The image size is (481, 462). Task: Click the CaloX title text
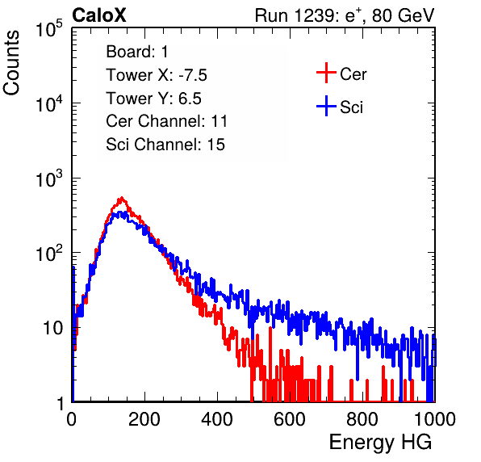point(99,15)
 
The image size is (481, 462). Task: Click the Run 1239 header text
point(345,15)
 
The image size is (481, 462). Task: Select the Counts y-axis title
point(11,63)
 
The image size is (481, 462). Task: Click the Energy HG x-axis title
point(380,443)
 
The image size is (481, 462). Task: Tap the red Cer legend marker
point(326,73)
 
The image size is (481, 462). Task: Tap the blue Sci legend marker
point(326,107)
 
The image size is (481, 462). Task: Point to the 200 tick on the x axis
point(144,419)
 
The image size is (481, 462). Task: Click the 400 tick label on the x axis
point(217,419)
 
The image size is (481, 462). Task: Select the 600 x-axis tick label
point(290,419)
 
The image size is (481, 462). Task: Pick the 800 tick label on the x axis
point(362,419)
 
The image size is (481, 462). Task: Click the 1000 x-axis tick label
point(435,419)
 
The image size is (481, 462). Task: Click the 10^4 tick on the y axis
point(49,103)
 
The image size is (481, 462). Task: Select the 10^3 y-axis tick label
point(49,178)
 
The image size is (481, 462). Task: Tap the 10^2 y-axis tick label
point(49,254)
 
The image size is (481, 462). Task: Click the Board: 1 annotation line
point(137,52)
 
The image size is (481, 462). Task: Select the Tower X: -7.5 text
point(157,75)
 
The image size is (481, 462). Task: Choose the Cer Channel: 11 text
point(166,121)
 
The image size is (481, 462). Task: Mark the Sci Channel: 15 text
point(165,145)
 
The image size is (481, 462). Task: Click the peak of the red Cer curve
point(122,198)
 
